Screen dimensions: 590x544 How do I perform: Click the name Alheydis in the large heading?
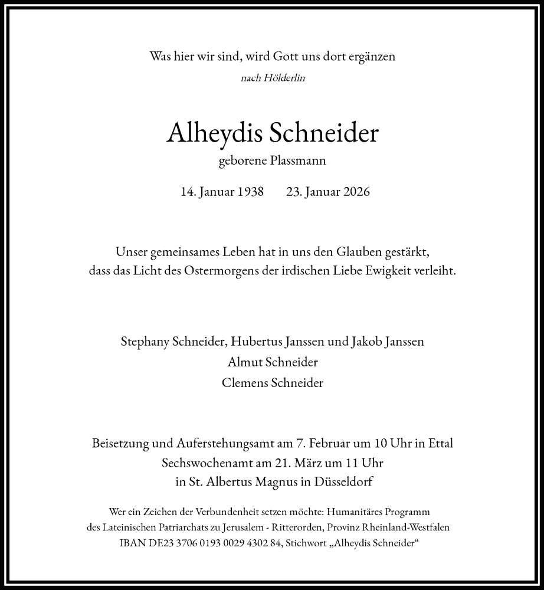coord(215,134)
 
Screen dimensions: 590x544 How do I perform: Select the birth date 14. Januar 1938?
coord(222,192)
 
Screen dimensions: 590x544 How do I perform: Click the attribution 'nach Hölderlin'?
coord(273,78)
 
